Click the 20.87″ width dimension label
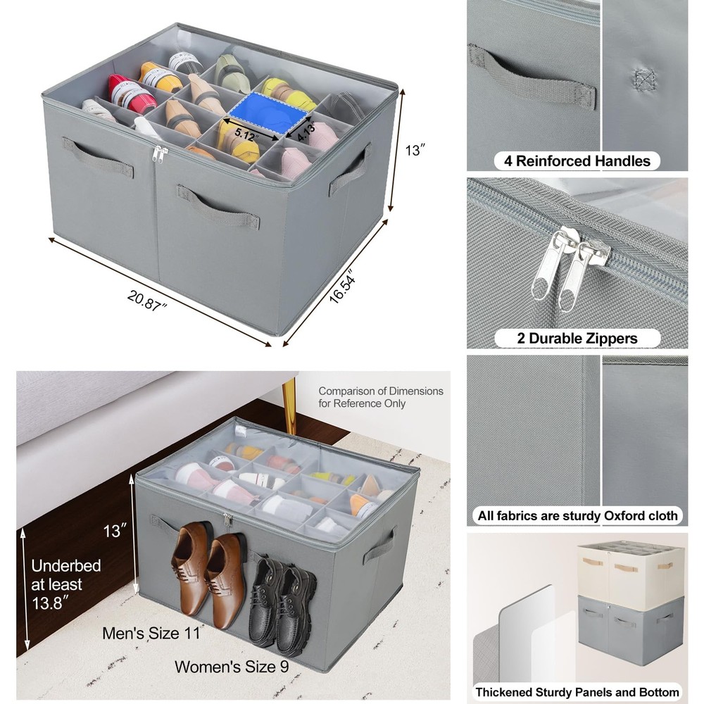click(146, 301)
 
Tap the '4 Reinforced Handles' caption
click(577, 161)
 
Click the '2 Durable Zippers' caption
click(577, 338)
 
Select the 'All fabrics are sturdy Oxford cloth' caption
click(577, 515)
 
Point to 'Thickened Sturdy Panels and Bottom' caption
click(577, 692)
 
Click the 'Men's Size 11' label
click(151, 633)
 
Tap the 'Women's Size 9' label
click(232, 667)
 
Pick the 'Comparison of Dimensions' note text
click(381, 391)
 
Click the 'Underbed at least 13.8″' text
click(65, 584)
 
